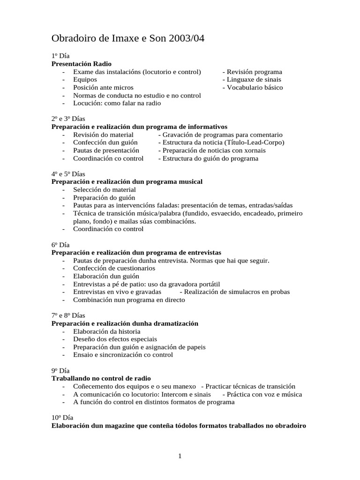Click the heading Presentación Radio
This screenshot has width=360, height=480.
[82, 64]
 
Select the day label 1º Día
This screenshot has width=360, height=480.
[60, 56]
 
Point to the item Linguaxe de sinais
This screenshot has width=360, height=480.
[253, 80]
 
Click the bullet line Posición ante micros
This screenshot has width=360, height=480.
[103, 88]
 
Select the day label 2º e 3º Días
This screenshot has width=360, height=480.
[68, 119]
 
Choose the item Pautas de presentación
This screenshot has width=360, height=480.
[106, 150]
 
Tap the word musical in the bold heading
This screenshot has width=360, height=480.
[189, 182]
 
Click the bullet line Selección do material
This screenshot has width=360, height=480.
[104, 190]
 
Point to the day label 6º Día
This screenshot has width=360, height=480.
[60, 245]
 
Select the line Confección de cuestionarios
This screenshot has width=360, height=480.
[114, 269]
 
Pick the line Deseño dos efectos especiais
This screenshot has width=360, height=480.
[115, 339]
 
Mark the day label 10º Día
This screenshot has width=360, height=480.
[62, 418]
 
